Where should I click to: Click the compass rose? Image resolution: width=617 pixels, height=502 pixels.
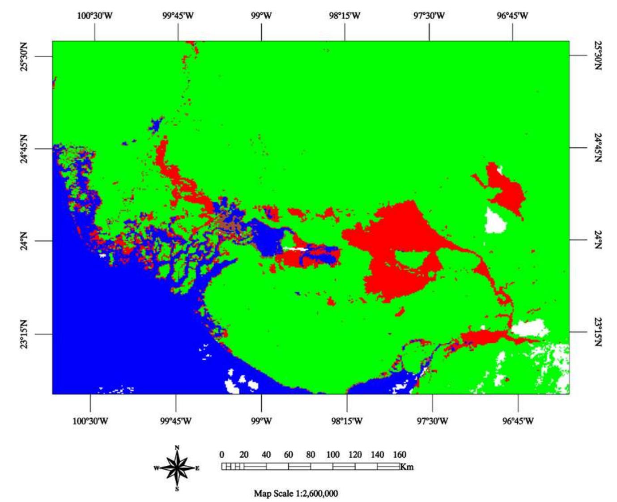[x=178, y=468]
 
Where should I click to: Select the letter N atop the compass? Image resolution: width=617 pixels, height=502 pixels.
[x=177, y=448]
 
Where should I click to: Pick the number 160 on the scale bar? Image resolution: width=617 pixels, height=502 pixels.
[x=400, y=455]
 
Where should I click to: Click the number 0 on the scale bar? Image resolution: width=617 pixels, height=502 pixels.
[x=222, y=455]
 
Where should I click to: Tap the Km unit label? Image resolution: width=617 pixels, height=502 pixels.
[x=407, y=467]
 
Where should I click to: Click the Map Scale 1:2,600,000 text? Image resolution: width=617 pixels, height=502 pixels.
[x=296, y=493]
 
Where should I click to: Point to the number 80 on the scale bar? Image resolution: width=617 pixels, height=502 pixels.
[x=311, y=455]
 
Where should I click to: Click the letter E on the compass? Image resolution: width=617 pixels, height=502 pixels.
[x=197, y=468]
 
